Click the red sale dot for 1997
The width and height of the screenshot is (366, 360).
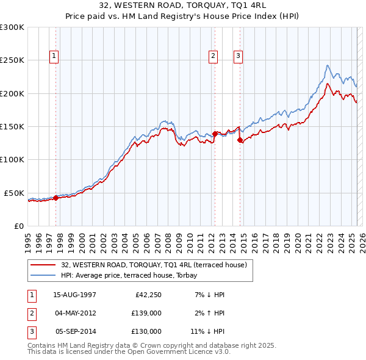(x=56, y=197)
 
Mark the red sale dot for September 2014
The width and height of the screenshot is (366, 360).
(x=240, y=140)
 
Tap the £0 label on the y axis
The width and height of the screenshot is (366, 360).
(x=17, y=226)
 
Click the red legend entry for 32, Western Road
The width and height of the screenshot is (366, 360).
(x=153, y=265)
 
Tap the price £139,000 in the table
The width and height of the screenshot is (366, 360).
(x=147, y=313)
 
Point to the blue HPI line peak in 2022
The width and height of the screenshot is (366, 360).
(x=328, y=65)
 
